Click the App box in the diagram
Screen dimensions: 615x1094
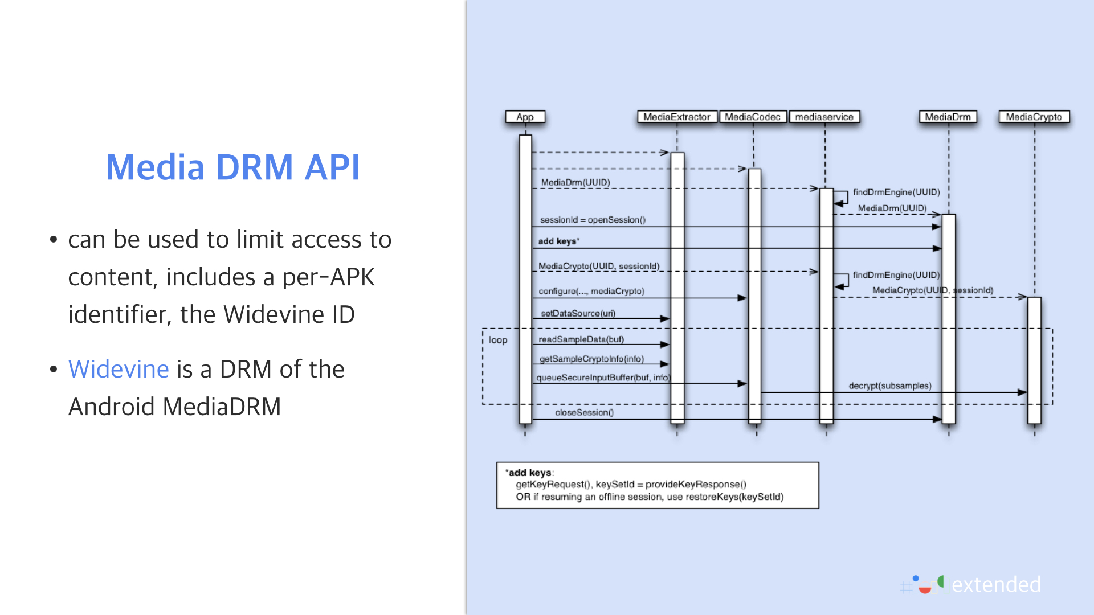pyautogui.click(x=525, y=117)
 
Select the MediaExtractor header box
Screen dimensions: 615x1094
pyautogui.click(x=676, y=117)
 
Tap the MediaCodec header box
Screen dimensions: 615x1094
pyautogui.click(x=752, y=117)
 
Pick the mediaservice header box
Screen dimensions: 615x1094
pyautogui.click(x=824, y=117)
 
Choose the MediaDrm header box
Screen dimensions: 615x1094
pyautogui.click(x=948, y=117)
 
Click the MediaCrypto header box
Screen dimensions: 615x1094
pyautogui.click(x=1034, y=117)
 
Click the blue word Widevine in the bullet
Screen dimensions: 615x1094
pyautogui.click(x=119, y=369)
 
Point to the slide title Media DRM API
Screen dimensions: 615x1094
pyautogui.click(x=232, y=167)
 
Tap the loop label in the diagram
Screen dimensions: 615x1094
pyautogui.click(x=497, y=340)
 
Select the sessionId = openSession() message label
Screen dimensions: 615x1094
pyautogui.click(x=593, y=220)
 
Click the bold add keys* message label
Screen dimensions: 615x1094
pyautogui.click(x=558, y=241)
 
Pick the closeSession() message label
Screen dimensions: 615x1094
pyautogui.click(x=584, y=412)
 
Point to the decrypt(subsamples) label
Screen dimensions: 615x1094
pyautogui.click(x=889, y=386)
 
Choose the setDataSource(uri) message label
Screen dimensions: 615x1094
pyautogui.click(x=578, y=313)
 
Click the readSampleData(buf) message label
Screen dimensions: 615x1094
pyautogui.click(x=581, y=339)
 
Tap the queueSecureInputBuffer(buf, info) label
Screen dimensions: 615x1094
pyautogui.click(x=603, y=378)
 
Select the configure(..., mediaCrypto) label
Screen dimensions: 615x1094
pyautogui.click(x=591, y=291)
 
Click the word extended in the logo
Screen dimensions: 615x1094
pyautogui.click(x=995, y=585)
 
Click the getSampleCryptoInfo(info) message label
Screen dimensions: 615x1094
pyautogui.click(x=591, y=359)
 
